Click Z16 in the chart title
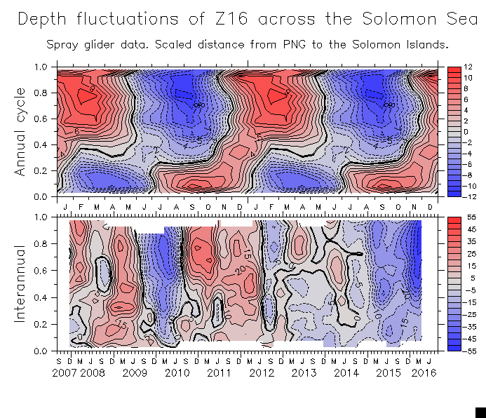pos(231,20)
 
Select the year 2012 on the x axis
pos(261,374)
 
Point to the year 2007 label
pos(65,374)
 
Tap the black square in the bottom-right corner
pos(480,412)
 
